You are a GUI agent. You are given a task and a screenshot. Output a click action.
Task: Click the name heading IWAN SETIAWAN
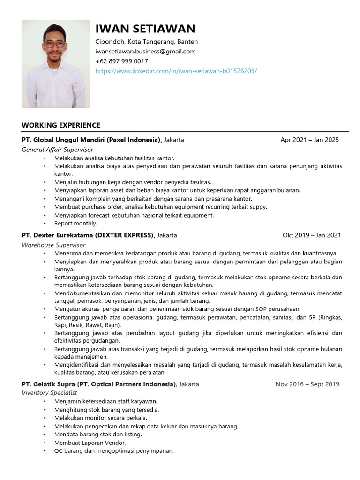(145, 29)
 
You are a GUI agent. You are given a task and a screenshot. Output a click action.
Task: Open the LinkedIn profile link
(176, 71)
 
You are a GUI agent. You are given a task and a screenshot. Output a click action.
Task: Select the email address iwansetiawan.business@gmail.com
(145, 52)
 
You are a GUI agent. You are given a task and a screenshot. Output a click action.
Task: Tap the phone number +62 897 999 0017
(121, 61)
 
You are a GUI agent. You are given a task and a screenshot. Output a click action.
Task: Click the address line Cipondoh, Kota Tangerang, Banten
(146, 42)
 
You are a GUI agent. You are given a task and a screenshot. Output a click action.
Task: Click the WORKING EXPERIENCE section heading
(61, 125)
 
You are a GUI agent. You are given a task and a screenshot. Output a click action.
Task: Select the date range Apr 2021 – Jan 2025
(309, 140)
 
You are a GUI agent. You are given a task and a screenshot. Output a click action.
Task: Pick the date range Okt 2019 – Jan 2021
(312, 235)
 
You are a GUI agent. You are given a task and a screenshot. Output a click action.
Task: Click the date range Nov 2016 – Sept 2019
(307, 384)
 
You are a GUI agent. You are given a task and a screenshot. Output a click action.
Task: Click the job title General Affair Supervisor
(57, 150)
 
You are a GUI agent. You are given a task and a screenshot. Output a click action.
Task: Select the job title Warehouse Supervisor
(53, 245)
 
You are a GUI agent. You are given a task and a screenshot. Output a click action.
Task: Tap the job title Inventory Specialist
(49, 393)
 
